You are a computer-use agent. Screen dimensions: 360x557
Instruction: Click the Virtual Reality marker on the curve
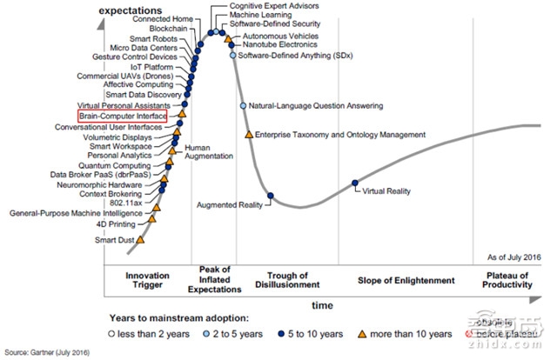click(354, 183)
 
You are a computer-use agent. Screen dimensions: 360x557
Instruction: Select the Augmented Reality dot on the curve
click(271, 195)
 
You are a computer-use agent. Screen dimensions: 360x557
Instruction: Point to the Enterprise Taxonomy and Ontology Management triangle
click(249, 135)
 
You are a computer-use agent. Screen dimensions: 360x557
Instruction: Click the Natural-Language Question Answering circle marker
click(244, 106)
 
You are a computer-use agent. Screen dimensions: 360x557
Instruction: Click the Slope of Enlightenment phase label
click(406, 280)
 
